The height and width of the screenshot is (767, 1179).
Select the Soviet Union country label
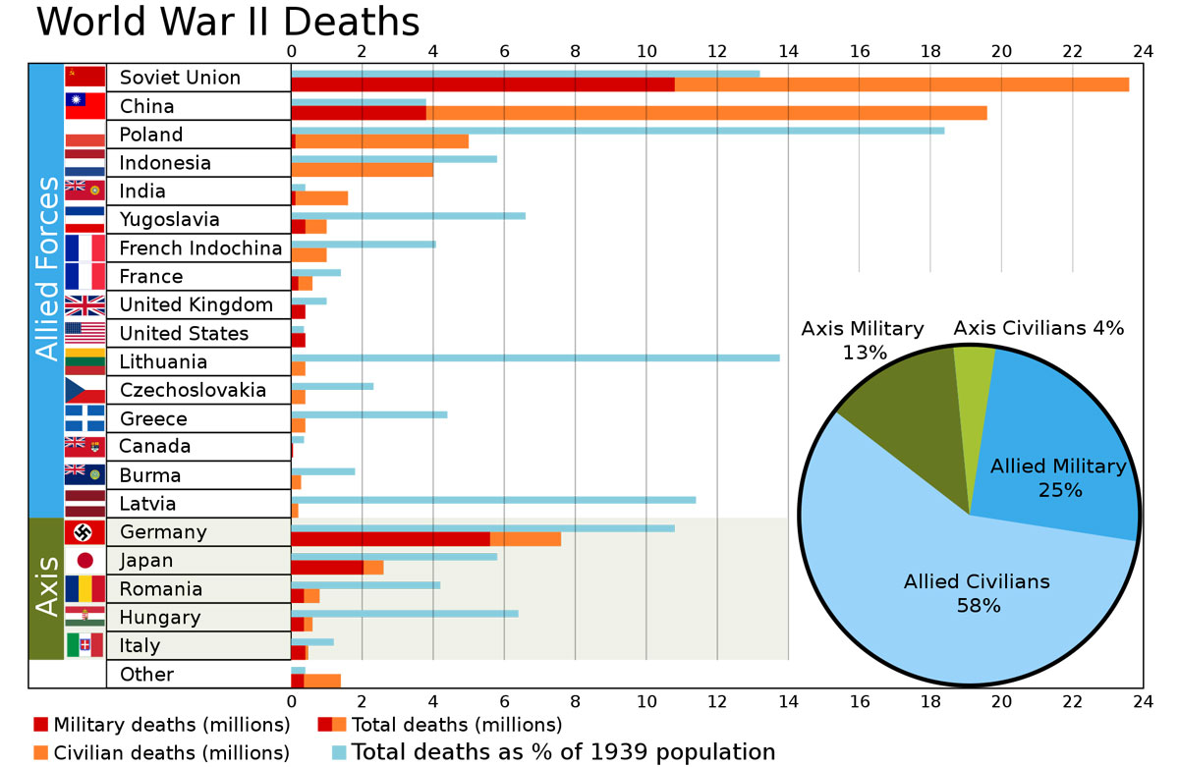click(x=180, y=78)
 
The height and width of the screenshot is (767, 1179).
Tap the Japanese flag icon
click(x=84, y=561)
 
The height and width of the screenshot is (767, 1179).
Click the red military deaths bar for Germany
click(x=390, y=538)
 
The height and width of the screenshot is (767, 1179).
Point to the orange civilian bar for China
click(x=706, y=113)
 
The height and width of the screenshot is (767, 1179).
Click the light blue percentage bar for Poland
click(x=618, y=130)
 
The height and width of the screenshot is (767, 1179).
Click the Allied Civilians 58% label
click(x=977, y=593)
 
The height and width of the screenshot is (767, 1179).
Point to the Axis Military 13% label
click(x=863, y=340)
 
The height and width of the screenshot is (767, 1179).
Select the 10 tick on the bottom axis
click(x=646, y=701)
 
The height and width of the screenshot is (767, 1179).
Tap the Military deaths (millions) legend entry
click(x=162, y=726)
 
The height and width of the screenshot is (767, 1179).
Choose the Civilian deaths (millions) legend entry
click(x=162, y=753)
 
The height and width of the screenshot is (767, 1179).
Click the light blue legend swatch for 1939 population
click(x=340, y=753)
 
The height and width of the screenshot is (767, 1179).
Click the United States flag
click(x=84, y=333)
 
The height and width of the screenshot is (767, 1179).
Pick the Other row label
click(x=146, y=674)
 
